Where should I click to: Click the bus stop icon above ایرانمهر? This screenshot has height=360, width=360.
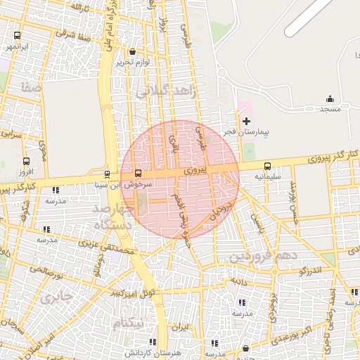17,35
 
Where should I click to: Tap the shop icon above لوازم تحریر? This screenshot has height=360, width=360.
133,51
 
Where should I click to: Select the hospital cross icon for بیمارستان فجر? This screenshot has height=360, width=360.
246,122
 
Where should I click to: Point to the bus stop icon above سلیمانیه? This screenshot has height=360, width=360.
267,166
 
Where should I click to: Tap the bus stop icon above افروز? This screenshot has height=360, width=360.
27,161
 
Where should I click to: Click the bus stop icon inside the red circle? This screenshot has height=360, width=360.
137,173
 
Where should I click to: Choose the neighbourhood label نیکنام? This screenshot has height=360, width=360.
127,323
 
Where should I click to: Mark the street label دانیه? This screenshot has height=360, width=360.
236,280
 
